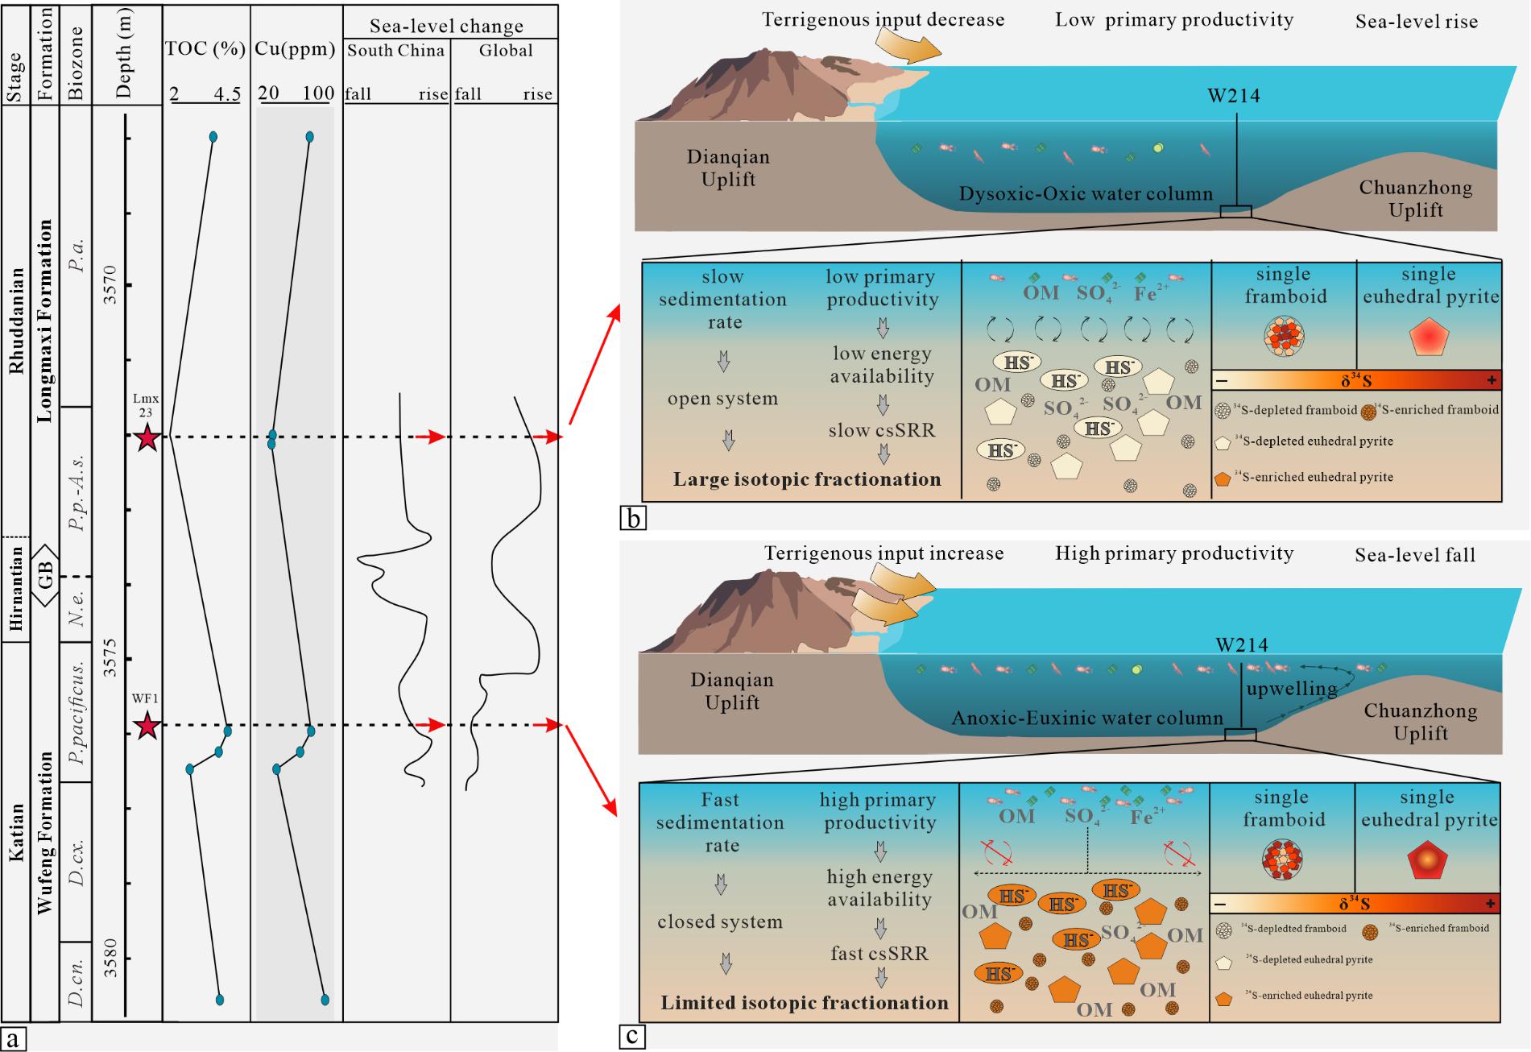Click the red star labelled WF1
click(x=147, y=727)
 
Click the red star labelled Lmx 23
click(x=147, y=438)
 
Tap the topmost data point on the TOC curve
click(x=213, y=137)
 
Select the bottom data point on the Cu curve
click(x=325, y=1000)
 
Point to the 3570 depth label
click(x=110, y=284)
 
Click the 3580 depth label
click(x=110, y=957)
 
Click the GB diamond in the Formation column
click(x=45, y=576)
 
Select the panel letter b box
click(x=633, y=519)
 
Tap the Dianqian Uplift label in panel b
click(x=728, y=168)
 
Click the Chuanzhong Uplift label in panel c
click(x=1421, y=722)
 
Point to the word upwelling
click(x=1291, y=690)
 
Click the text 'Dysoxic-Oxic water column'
click(x=1086, y=194)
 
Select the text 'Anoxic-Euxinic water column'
click(x=1087, y=718)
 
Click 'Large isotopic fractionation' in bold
click(x=807, y=480)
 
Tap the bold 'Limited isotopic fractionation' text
click(x=805, y=1003)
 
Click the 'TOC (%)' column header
click(x=205, y=49)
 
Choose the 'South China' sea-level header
click(x=395, y=51)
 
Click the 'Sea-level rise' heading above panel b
click(x=1417, y=22)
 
